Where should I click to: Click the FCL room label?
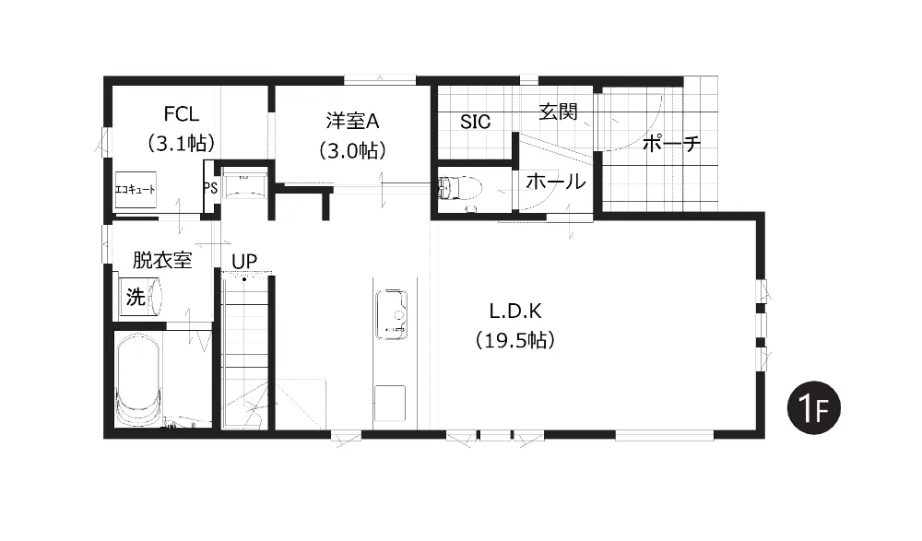pyautogui.click(x=181, y=113)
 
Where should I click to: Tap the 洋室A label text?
pyautogui.click(x=352, y=121)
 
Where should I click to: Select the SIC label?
pyautogui.click(x=475, y=122)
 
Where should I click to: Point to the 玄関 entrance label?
pyautogui.click(x=558, y=112)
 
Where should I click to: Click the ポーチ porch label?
pyautogui.click(x=671, y=143)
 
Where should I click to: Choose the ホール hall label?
pyautogui.click(x=556, y=182)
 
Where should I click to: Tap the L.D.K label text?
pyautogui.click(x=515, y=311)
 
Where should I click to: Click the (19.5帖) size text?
pyautogui.click(x=515, y=340)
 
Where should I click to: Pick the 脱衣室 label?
pyautogui.click(x=162, y=260)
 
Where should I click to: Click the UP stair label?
pyautogui.click(x=244, y=261)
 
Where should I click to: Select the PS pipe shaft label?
pyautogui.click(x=210, y=188)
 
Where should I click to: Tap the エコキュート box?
pyautogui.click(x=136, y=189)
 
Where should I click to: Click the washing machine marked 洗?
pyautogui.click(x=140, y=298)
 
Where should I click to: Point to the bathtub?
pyautogui.click(x=137, y=380)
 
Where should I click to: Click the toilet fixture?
pyautogui.click(x=460, y=188)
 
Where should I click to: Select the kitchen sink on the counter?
pyautogui.click(x=392, y=314)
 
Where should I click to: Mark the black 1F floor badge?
pyautogui.click(x=814, y=408)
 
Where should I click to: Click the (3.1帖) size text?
pyautogui.click(x=181, y=143)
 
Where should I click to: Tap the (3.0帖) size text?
pyautogui.click(x=352, y=150)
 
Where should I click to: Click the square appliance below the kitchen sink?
pyautogui.click(x=389, y=404)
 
